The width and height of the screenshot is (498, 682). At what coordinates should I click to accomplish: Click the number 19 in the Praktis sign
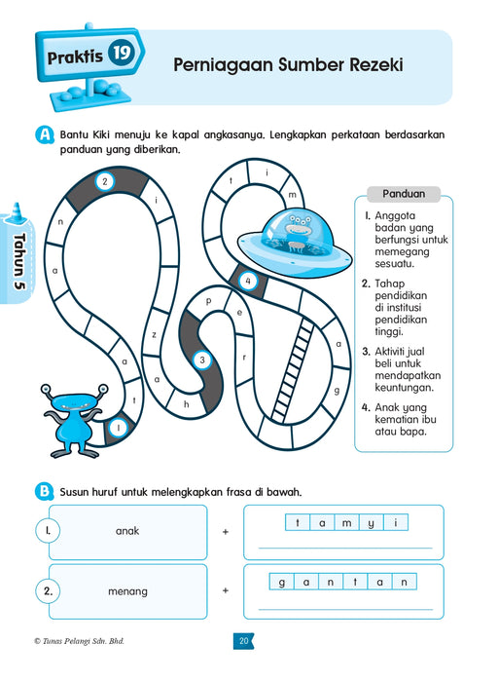pyautogui.click(x=122, y=53)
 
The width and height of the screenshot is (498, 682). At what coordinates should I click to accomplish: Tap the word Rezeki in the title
pyautogui.click(x=376, y=65)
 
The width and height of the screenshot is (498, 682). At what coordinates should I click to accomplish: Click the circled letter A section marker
pyautogui.click(x=45, y=134)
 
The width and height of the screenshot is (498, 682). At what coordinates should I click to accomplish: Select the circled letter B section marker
pyautogui.click(x=45, y=491)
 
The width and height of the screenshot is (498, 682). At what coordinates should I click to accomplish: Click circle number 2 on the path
pyautogui.click(x=105, y=181)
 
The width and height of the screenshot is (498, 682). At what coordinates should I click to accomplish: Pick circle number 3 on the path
pyautogui.click(x=202, y=360)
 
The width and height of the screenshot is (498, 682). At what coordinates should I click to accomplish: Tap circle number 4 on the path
pyautogui.click(x=248, y=281)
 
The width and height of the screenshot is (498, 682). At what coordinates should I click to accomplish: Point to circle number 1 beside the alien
pyautogui.click(x=118, y=428)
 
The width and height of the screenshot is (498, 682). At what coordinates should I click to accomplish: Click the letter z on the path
pyautogui.click(x=154, y=335)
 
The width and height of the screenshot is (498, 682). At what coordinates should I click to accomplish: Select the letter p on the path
pyautogui.click(x=208, y=301)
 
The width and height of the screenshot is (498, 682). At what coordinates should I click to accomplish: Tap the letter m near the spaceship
pyautogui.click(x=292, y=195)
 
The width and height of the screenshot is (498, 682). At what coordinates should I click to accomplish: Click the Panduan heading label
pyautogui.click(x=404, y=194)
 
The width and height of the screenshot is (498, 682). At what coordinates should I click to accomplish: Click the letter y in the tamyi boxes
pyautogui.click(x=372, y=523)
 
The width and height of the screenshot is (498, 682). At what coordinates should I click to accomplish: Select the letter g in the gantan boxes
pyautogui.click(x=282, y=583)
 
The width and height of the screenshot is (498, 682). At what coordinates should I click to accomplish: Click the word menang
pyautogui.click(x=127, y=591)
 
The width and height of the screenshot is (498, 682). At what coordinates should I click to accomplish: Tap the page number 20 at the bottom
pyautogui.click(x=243, y=641)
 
